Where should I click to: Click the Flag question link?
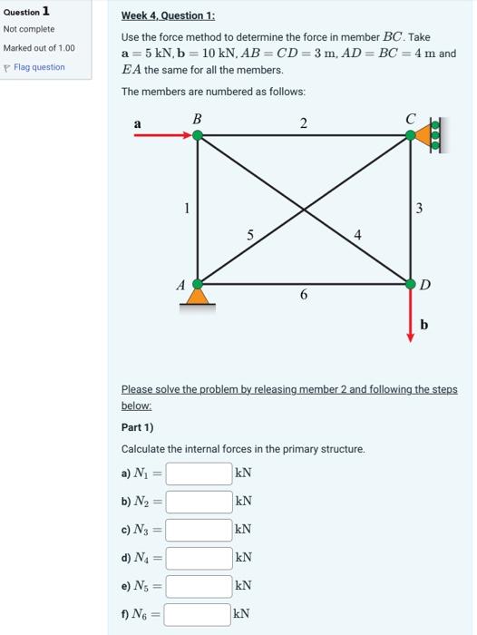click(38, 67)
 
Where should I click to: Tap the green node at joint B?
click(197, 136)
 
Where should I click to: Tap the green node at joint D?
click(411, 282)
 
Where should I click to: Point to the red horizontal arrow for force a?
click(163, 136)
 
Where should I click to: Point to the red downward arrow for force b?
click(411, 314)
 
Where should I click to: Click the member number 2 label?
click(303, 122)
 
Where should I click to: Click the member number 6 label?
click(303, 295)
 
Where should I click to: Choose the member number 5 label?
click(250, 235)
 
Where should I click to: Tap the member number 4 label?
click(357, 235)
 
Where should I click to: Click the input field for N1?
click(198, 474)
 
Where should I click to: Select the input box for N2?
click(198, 502)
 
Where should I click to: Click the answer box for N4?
click(198, 558)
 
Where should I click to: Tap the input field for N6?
click(198, 615)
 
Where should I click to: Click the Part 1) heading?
click(137, 426)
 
